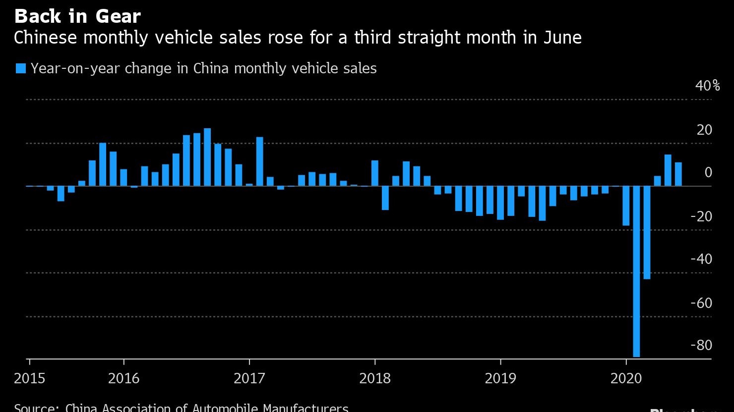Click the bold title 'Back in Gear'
click(77, 16)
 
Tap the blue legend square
click(20, 68)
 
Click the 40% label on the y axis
click(707, 86)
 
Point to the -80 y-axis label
click(701, 345)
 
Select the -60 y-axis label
click(701, 303)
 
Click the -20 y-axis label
click(701, 216)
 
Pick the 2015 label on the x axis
click(29, 379)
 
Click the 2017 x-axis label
click(249, 379)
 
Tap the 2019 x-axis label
click(500, 379)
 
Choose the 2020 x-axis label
click(626, 379)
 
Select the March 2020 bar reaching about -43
click(647, 233)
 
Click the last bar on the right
click(678, 174)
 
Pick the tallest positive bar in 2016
click(207, 157)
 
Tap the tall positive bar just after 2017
click(259, 162)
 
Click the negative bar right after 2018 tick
click(385, 198)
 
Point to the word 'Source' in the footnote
click(35, 408)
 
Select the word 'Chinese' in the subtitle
click(45, 38)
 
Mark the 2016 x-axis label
click(123, 379)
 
